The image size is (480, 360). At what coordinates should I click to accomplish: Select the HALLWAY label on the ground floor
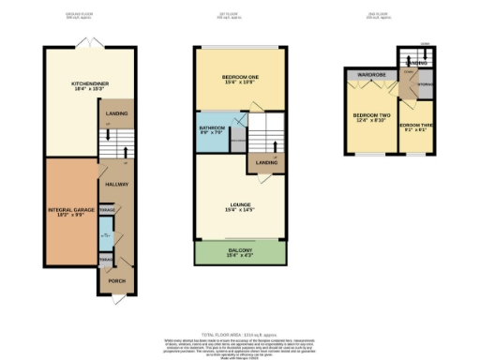click(117, 185)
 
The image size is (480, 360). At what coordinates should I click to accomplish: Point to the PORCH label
click(117, 280)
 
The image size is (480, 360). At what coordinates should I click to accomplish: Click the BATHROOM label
click(213, 129)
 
